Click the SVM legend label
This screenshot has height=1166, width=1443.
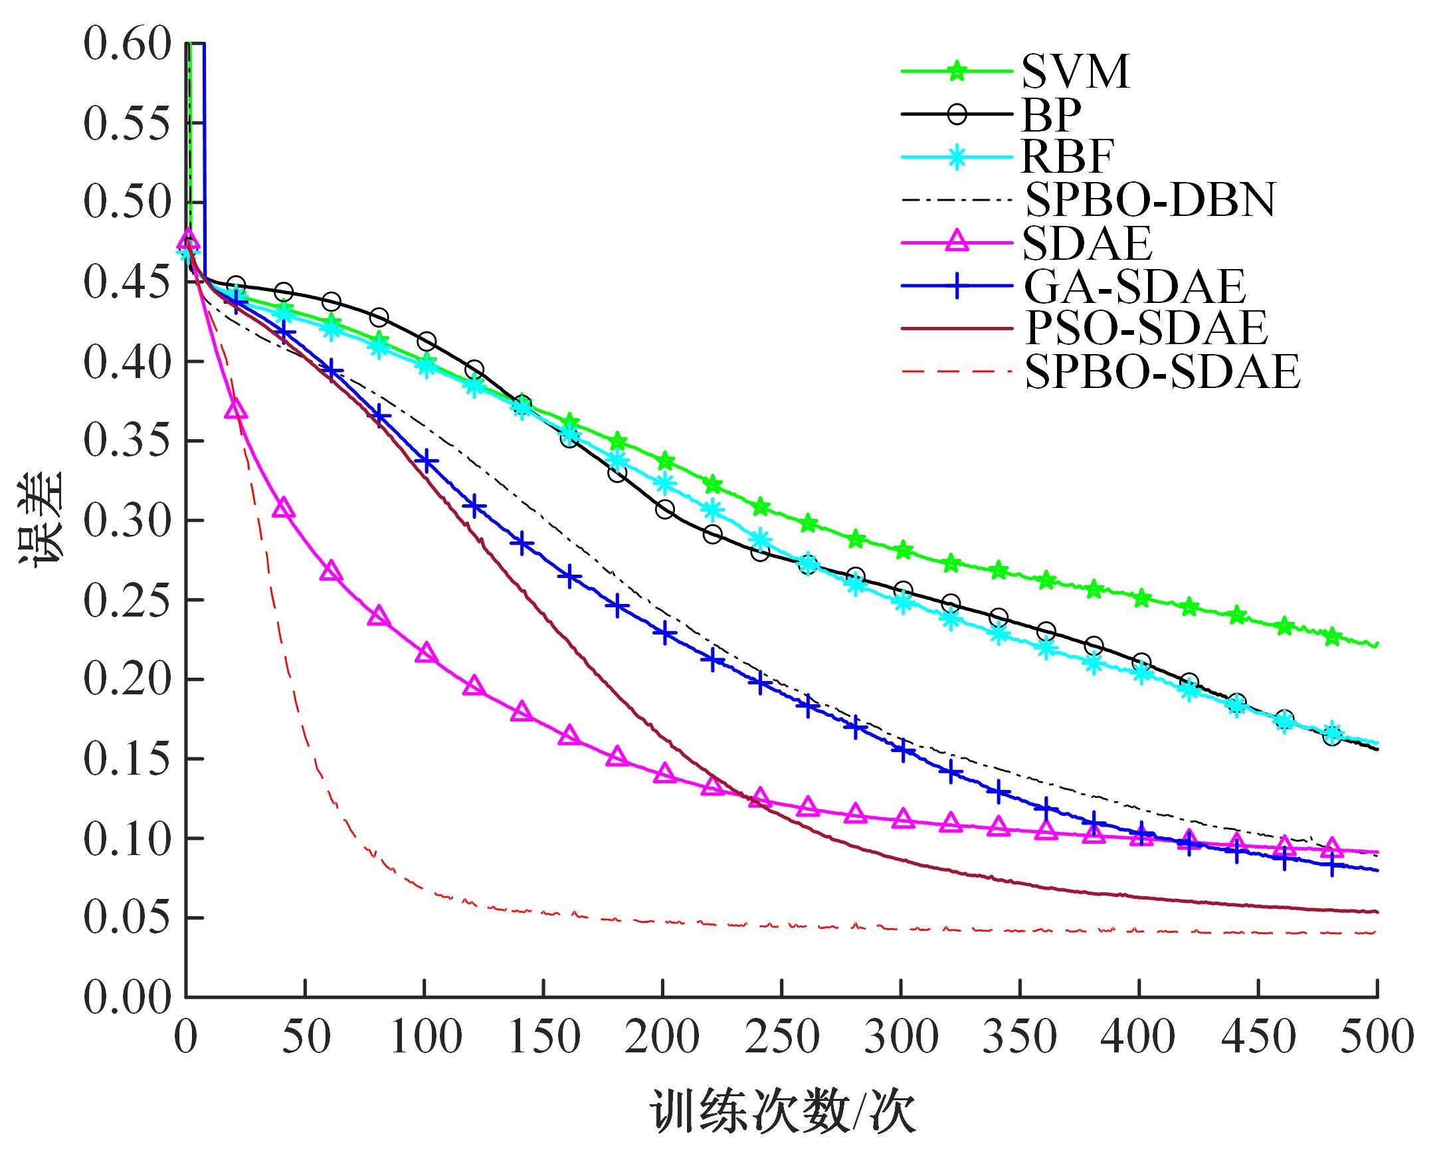point(1075,72)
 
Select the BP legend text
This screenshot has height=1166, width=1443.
point(1051,115)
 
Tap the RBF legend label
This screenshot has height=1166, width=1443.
point(1067,157)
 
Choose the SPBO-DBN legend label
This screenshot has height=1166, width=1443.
point(1150,199)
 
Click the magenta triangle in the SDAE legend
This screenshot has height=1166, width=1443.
point(957,243)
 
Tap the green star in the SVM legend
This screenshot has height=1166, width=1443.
point(957,71)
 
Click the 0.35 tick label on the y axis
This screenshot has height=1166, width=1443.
point(127,441)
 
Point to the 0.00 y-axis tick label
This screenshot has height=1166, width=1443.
point(127,998)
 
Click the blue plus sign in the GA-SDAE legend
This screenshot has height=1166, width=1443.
point(957,286)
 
